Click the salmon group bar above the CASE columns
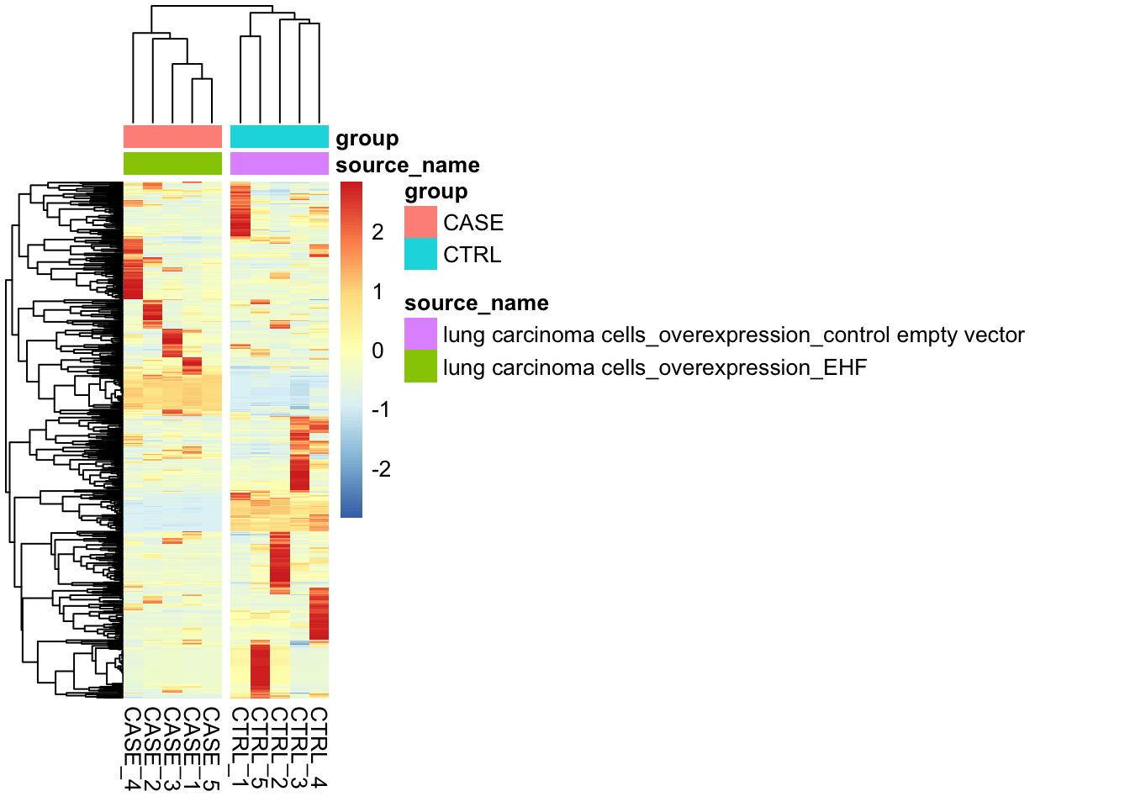[x=172, y=137]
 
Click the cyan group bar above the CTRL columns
[x=279, y=137]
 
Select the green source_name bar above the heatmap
[x=172, y=163]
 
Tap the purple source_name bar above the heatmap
[x=279, y=163]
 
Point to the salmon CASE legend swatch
[x=420, y=222]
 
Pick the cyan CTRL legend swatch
[x=420, y=254]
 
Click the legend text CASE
[x=473, y=223]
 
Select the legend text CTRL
[x=472, y=255]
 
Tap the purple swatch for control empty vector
[x=420, y=334]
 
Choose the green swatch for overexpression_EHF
[x=420, y=367]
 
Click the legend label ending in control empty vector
[x=733, y=335]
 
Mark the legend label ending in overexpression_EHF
[x=654, y=367]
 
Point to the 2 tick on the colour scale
[x=378, y=232]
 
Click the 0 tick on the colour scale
[x=378, y=351]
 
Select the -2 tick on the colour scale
[x=381, y=469]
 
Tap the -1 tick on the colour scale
[x=381, y=409]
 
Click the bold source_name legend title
[x=476, y=303]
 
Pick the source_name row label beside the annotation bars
[x=407, y=165]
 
